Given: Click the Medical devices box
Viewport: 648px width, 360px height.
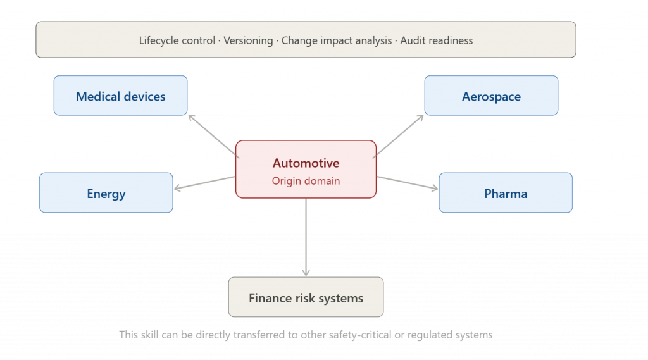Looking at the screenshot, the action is point(120,96).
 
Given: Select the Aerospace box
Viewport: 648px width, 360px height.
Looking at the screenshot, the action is point(491,96).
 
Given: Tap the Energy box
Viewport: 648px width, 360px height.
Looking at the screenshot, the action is point(106,192).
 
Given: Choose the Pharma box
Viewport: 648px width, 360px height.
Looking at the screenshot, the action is point(506,192).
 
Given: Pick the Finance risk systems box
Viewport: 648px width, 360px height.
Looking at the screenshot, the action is point(306,297).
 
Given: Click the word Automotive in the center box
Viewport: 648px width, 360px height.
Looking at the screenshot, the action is point(306,163).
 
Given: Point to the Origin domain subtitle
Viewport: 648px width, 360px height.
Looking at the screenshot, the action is point(306,181).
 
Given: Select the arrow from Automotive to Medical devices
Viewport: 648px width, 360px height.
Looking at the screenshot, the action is point(214,137).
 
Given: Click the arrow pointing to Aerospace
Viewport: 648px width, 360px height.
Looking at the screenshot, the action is point(399,137).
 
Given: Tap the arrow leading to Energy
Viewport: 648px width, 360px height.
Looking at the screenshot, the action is point(205,183).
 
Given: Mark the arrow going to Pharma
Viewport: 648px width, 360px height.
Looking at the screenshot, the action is point(407,183).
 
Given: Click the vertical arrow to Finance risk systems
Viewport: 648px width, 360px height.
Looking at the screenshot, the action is point(306,237).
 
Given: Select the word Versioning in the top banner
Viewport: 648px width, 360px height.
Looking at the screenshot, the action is point(248,40).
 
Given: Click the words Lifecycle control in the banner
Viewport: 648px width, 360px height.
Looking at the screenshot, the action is point(177,40).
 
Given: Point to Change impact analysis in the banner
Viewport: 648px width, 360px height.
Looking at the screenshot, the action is point(337,40).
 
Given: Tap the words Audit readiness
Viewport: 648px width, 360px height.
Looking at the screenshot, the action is point(437,40).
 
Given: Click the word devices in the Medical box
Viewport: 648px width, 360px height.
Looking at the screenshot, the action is point(144,96).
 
